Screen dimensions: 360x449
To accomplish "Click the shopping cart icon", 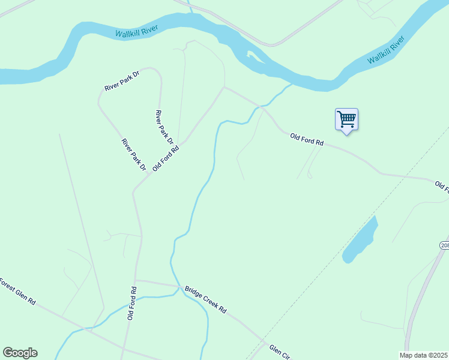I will [x=346, y=119].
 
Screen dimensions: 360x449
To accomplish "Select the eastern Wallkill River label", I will [x=386, y=50].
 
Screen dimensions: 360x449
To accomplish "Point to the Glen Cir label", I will [x=279, y=351].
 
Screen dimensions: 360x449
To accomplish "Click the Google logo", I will [x=20, y=353].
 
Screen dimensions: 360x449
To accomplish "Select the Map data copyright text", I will [x=424, y=355].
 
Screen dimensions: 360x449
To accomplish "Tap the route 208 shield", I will [x=444, y=245].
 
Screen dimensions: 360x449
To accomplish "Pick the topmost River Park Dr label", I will [x=122, y=80].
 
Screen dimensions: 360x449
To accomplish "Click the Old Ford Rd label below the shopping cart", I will [x=307, y=140].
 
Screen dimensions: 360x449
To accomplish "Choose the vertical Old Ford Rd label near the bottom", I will [x=131, y=303].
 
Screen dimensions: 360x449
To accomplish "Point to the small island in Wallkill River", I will [x=253, y=56].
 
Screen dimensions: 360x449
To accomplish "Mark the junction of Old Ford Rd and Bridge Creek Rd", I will [x=136, y=280].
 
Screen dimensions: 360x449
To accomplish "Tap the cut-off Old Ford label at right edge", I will [x=442, y=187].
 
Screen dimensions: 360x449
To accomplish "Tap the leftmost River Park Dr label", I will [x=134, y=154].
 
